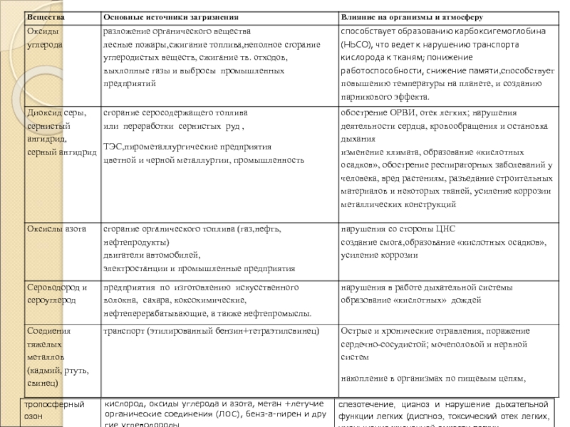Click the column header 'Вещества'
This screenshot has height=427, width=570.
point(42,16)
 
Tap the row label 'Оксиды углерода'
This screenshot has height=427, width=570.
point(46,38)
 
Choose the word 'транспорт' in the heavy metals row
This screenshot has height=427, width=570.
point(125,332)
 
